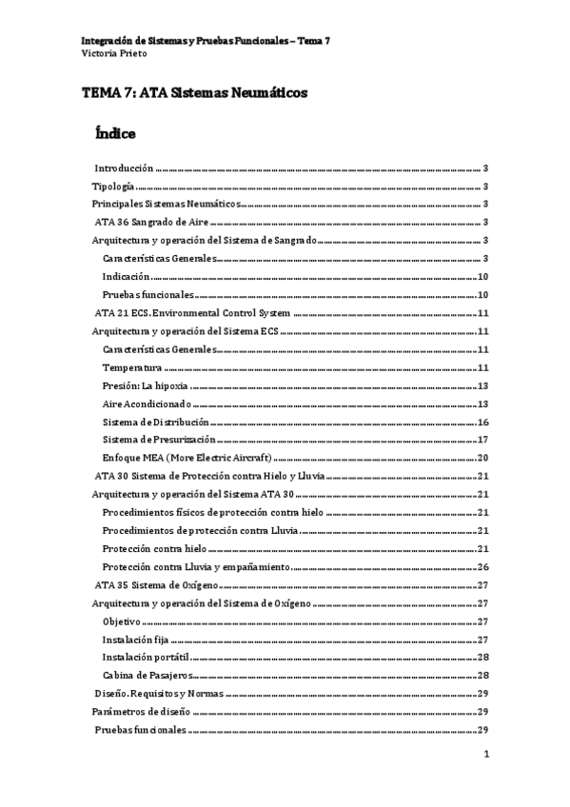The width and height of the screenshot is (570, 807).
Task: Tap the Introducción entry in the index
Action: coord(129,166)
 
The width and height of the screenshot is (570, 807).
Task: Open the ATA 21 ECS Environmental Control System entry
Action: coord(198,313)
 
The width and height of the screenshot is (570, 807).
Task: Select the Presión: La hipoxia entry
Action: coord(146,385)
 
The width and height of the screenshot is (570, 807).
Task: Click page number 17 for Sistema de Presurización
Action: coord(482,440)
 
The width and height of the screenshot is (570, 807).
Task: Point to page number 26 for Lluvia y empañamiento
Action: coord(482,567)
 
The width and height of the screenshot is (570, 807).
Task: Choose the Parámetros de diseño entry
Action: coord(140,712)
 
